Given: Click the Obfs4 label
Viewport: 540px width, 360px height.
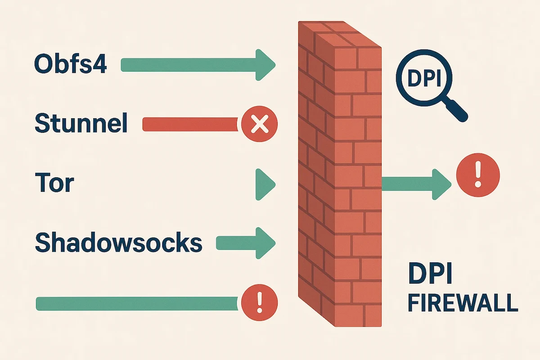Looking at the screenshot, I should pyautogui.click(x=71, y=64).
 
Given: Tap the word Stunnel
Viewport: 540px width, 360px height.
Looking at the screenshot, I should pyautogui.click(x=81, y=123).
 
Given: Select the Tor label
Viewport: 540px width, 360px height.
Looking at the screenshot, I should pyautogui.click(x=54, y=183).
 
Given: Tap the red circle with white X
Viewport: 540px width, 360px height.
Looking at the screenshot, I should pyautogui.click(x=259, y=124).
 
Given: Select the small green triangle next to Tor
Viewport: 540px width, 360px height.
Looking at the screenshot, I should pyautogui.click(x=264, y=184).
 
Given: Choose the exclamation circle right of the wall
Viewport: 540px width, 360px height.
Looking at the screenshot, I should pyautogui.click(x=478, y=175).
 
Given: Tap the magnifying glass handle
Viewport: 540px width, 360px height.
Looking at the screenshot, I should pyautogui.click(x=458, y=112).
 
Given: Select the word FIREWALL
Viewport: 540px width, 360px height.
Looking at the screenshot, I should pyautogui.click(x=462, y=303).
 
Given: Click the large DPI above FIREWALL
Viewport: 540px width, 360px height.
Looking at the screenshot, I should pyautogui.click(x=432, y=274).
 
